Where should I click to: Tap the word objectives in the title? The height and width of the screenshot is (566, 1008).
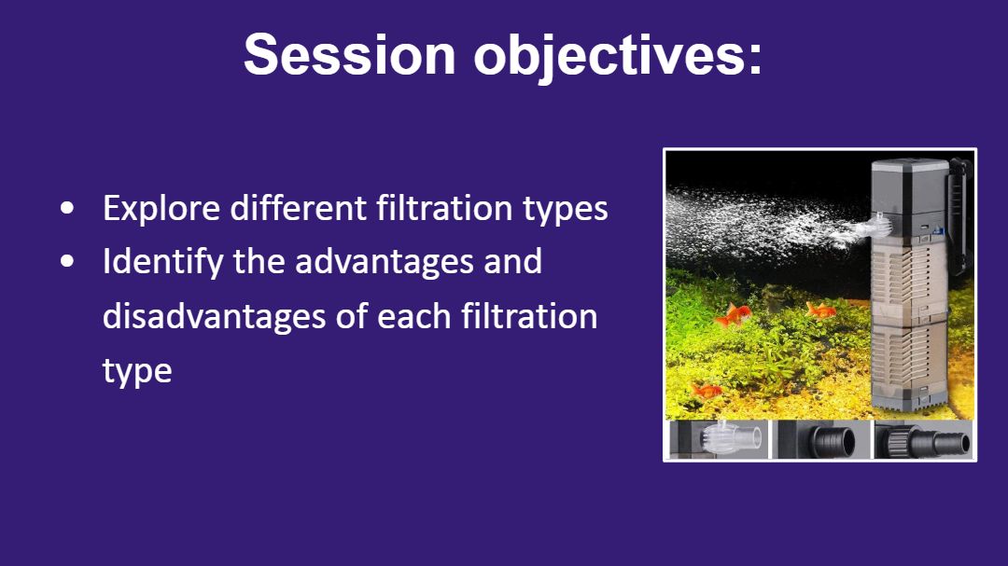coord(618,57)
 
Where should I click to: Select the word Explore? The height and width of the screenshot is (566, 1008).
coord(161,209)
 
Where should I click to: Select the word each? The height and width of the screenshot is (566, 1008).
coord(414,316)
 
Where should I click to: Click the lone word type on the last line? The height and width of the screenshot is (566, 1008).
coord(137,371)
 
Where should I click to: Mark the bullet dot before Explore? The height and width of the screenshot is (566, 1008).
coord(67,208)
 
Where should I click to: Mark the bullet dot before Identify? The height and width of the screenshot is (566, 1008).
coord(67,261)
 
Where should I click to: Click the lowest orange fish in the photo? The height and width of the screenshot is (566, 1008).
coord(707,390)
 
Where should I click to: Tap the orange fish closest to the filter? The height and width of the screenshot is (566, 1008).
coord(821,311)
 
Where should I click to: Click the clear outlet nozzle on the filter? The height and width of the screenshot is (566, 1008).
coord(875,227)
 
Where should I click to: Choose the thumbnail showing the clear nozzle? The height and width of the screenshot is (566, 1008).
coord(719,439)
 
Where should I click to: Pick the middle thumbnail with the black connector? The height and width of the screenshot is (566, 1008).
coord(821,439)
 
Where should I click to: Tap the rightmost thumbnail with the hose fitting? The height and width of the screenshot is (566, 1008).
coord(923,439)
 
